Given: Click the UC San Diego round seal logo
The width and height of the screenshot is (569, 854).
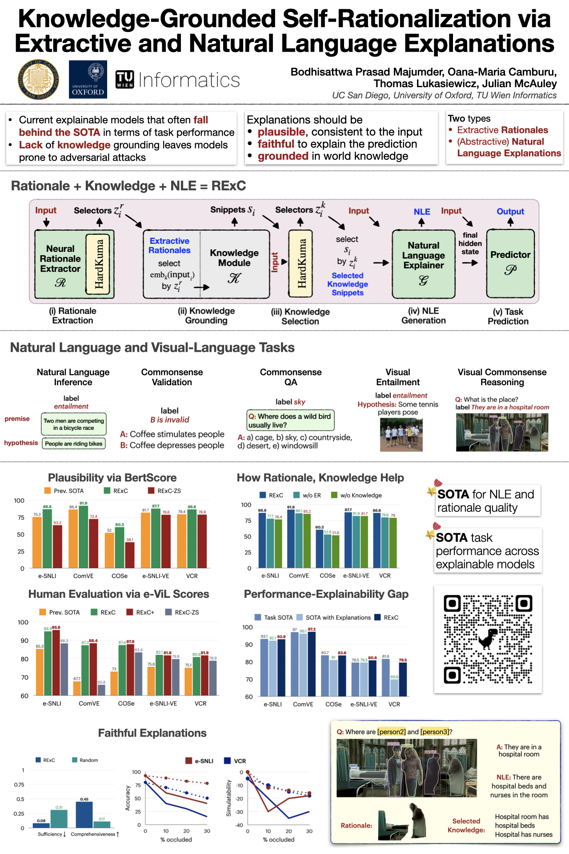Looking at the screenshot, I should (x=38, y=80).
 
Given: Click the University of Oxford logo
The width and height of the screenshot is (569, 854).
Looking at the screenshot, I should (x=88, y=80).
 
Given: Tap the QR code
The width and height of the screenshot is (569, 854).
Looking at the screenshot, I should (x=488, y=639).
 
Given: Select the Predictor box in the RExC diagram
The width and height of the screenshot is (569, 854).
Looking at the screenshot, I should (x=510, y=263).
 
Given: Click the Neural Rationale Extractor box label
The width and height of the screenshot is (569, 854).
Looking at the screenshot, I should (x=60, y=259).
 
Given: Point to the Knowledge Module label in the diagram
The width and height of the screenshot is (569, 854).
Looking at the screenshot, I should (x=234, y=258).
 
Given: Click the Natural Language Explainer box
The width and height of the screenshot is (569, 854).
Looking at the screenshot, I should (x=423, y=263).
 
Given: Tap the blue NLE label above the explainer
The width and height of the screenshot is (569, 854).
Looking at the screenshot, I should (x=421, y=212).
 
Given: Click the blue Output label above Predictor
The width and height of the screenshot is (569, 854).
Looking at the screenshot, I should (x=510, y=212).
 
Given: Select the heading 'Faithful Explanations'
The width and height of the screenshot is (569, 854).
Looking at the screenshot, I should (x=152, y=733).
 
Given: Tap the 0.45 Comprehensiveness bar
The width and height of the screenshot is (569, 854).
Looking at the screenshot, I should (x=84, y=814).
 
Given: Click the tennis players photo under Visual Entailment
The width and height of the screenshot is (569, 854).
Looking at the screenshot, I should (x=401, y=435).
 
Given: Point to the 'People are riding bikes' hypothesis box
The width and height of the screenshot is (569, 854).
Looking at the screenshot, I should (x=74, y=443).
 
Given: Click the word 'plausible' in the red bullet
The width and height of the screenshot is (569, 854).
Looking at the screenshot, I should (x=281, y=132).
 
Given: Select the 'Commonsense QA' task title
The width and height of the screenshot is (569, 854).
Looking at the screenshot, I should (x=291, y=377).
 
